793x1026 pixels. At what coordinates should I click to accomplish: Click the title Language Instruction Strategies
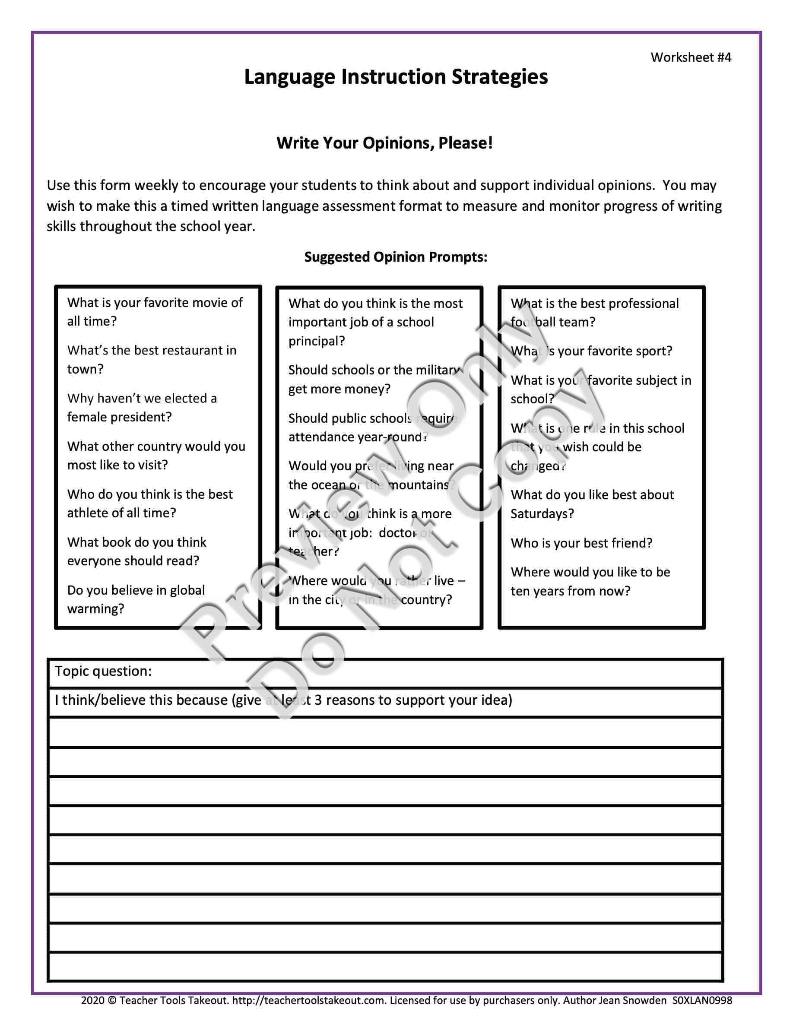point(396,77)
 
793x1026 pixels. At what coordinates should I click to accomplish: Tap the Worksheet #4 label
point(691,57)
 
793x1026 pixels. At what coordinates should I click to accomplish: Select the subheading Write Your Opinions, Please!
point(384,143)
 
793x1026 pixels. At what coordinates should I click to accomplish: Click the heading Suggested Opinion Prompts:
point(396,257)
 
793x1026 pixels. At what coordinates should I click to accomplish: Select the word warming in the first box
point(95,609)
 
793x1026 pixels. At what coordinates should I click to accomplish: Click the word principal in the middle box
point(316,341)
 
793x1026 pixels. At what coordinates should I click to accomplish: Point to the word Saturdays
point(542,514)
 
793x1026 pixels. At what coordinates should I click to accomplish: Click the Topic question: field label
point(103,671)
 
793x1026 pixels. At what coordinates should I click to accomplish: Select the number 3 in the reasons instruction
point(318,700)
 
